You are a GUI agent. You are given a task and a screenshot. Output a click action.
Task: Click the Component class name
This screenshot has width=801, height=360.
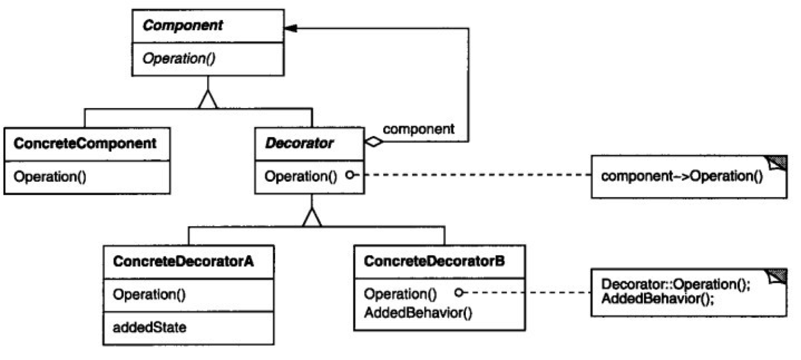click(x=182, y=26)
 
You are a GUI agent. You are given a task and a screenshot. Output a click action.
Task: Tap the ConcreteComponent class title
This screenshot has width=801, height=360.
click(x=85, y=144)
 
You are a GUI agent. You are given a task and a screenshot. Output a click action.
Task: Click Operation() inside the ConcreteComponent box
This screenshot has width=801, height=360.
click(x=50, y=176)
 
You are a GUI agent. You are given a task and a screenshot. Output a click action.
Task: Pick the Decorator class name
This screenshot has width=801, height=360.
click(x=299, y=143)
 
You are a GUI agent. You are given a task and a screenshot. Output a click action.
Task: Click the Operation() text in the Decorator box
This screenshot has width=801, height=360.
click(x=301, y=176)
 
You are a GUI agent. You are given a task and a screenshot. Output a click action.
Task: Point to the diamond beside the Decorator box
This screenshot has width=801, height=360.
click(x=374, y=142)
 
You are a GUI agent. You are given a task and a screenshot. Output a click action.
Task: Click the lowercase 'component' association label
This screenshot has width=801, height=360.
click(x=418, y=129)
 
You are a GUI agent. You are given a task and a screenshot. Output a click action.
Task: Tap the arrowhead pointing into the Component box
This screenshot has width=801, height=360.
click(x=290, y=28)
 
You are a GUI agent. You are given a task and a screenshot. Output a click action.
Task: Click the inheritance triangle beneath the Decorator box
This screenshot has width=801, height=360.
click(x=312, y=217)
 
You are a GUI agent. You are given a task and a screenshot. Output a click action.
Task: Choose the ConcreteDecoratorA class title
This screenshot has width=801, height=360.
click(x=183, y=261)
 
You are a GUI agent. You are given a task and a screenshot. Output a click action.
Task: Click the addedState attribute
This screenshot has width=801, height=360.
click(x=150, y=327)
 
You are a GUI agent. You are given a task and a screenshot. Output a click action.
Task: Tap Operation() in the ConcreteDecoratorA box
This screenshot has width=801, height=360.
click(x=149, y=294)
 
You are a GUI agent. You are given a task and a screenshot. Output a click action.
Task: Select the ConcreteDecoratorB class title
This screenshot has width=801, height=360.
click(x=434, y=261)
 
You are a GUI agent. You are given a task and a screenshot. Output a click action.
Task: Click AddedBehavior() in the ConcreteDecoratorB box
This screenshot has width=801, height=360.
click(x=418, y=313)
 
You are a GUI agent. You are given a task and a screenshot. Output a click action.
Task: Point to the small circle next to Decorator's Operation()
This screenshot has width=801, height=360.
click(x=351, y=175)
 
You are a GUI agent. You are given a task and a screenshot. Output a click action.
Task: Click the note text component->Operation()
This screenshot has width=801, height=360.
click(x=682, y=176)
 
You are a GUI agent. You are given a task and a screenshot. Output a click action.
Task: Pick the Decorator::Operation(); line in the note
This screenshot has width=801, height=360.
click(x=676, y=284)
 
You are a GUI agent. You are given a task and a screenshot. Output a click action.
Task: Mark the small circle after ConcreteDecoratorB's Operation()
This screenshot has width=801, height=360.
click(x=459, y=293)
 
